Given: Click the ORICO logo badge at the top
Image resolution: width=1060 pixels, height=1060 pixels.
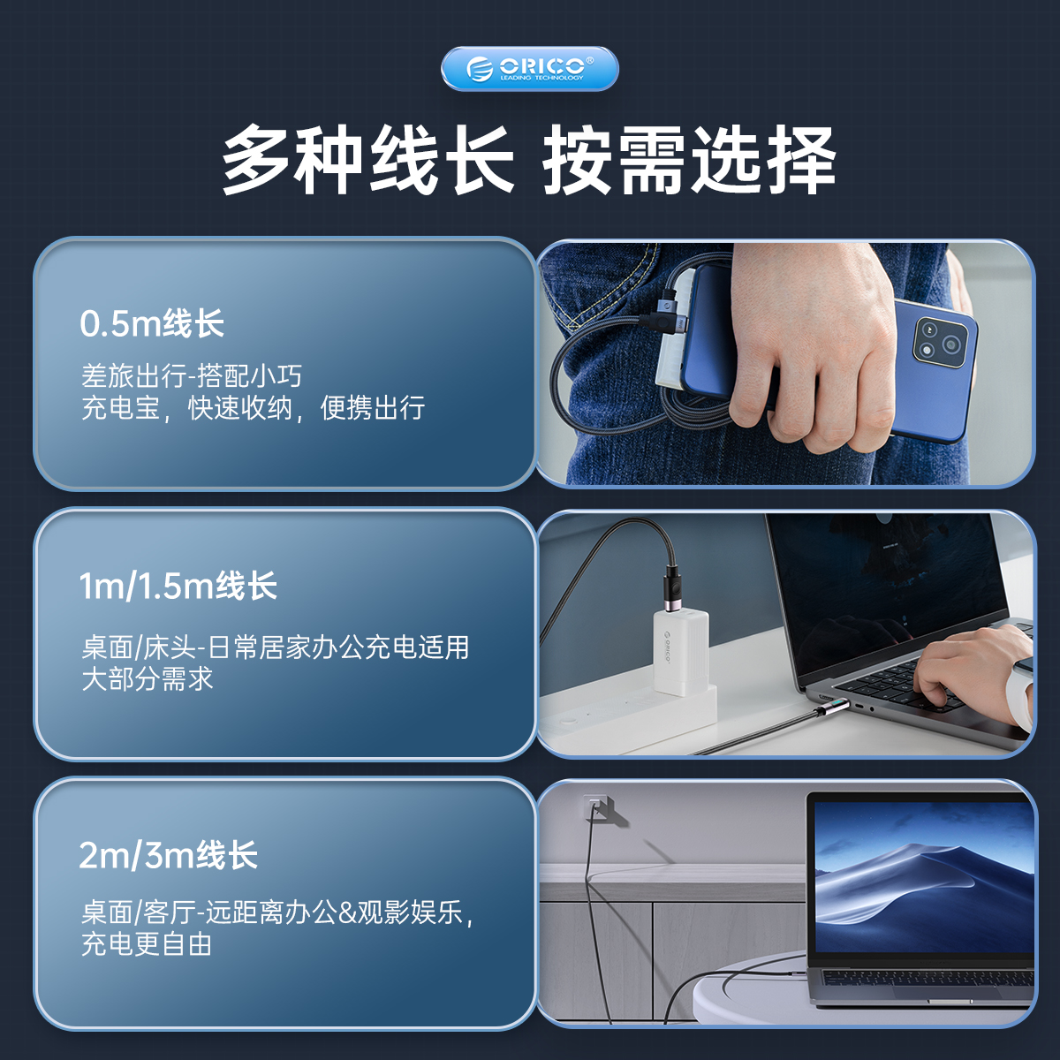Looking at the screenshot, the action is click(529, 69).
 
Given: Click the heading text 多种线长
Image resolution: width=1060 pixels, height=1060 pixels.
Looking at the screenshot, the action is click(367, 160).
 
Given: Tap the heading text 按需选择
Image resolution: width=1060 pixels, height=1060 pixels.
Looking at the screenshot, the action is click(689, 160).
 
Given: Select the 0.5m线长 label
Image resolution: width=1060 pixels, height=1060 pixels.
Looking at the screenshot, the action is click(152, 323).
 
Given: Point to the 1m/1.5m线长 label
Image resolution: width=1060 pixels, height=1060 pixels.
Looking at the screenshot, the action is click(178, 586).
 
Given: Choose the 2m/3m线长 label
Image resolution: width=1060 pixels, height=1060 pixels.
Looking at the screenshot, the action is click(169, 855).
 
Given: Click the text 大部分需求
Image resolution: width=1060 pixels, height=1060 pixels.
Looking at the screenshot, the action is click(148, 678).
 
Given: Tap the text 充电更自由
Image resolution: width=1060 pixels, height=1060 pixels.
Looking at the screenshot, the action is click(147, 944).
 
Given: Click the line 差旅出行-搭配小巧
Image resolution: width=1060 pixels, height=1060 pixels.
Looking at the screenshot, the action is click(192, 376).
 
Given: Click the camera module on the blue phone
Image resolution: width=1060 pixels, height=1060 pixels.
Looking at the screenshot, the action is click(940, 340).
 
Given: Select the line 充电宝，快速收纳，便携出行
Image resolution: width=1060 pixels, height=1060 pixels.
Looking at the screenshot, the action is click(253, 408).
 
